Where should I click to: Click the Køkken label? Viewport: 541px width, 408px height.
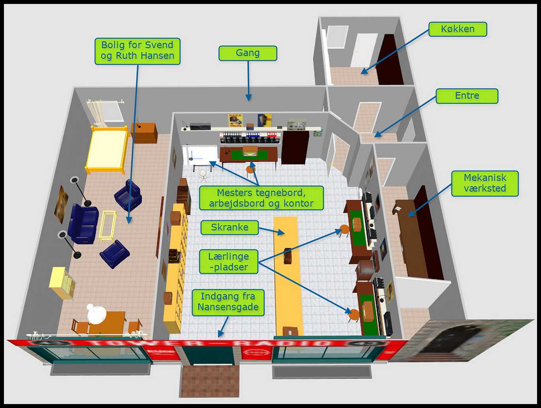pos(458,29)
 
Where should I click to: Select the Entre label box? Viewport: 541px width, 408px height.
pos(467,96)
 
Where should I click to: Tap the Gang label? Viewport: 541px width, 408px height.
pos(248,53)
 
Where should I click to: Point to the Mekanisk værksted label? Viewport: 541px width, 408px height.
pos(485,183)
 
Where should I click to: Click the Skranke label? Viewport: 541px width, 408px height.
pos(229,228)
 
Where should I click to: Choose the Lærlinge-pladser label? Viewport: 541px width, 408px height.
pos(229,262)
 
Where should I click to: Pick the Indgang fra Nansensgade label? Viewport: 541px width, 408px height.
pos(228,302)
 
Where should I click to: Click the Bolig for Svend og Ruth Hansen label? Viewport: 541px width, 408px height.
pos(137,51)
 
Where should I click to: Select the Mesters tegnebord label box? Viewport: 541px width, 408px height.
pos(261,198)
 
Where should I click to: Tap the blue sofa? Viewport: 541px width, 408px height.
pos(83,223)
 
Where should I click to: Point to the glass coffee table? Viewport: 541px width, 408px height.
pos(108,226)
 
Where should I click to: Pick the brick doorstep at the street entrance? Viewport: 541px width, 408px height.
pos(210,382)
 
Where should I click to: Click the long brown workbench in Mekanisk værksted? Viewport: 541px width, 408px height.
pos(413,237)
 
